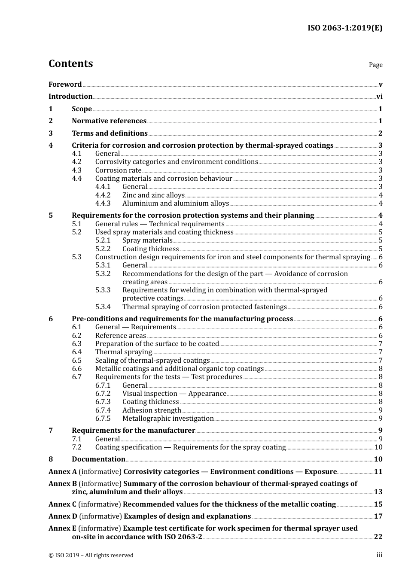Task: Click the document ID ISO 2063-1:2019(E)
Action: click(344, 28)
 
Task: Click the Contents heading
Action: click(70, 64)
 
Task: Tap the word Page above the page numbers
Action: click(375, 65)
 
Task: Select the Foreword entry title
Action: click(65, 85)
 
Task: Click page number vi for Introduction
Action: click(379, 97)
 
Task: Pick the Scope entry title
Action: click(82, 109)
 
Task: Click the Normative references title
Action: click(109, 121)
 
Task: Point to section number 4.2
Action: click(76, 162)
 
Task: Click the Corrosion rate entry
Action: click(118, 170)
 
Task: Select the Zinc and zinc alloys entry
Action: click(153, 195)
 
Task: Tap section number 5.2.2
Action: click(103, 249)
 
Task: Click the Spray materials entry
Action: click(147, 240)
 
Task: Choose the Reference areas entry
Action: click(120, 336)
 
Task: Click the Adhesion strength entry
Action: click(152, 410)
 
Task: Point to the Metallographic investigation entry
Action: click(168, 419)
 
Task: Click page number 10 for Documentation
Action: click(378, 459)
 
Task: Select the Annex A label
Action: click(63, 472)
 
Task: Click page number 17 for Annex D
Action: click(378, 516)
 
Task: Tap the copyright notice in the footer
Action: click(91, 556)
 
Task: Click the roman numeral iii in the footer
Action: click(379, 556)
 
